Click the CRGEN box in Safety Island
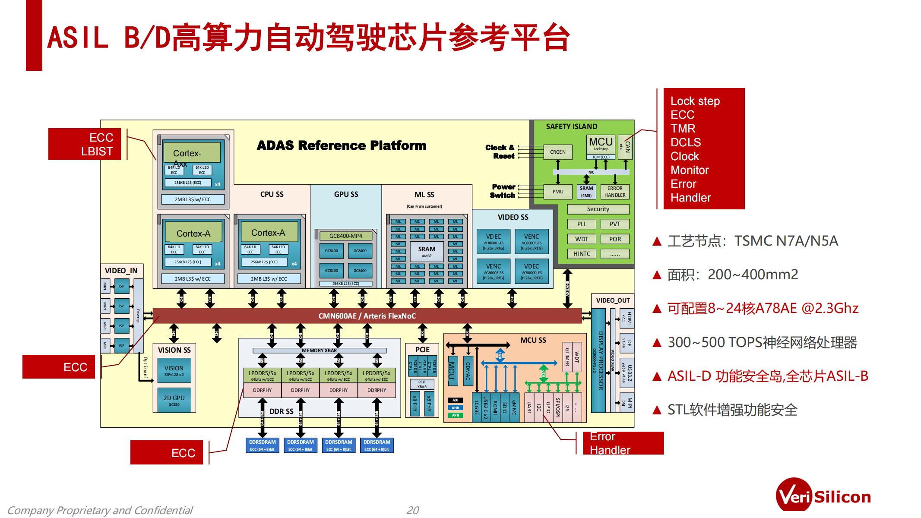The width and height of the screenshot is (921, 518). click(x=557, y=152)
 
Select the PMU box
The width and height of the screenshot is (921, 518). click(x=557, y=192)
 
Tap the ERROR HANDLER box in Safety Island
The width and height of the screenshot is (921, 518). click(x=615, y=192)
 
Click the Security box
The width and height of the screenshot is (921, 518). click(x=598, y=209)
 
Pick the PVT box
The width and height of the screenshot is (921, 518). click(x=615, y=224)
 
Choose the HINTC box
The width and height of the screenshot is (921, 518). click(x=582, y=254)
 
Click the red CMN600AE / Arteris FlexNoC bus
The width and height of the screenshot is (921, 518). click(x=367, y=316)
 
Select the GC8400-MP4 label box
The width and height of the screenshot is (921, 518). click(x=345, y=236)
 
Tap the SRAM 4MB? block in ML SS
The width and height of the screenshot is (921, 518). click(x=427, y=252)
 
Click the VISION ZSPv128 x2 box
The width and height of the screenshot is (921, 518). click(x=174, y=370)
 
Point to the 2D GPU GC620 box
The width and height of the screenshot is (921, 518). click(x=174, y=400)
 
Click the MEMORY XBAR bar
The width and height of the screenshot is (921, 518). click(x=319, y=351)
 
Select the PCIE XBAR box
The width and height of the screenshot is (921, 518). click(x=422, y=384)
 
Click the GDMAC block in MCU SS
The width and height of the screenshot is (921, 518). click(x=468, y=371)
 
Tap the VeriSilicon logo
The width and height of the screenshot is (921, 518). click(x=823, y=496)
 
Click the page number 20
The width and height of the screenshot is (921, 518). click(x=413, y=510)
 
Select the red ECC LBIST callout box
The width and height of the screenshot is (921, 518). click(x=85, y=144)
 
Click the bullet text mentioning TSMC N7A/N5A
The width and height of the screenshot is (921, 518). click(x=752, y=241)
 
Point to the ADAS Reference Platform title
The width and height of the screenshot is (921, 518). click(x=342, y=145)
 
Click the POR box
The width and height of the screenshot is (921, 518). click(x=615, y=239)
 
